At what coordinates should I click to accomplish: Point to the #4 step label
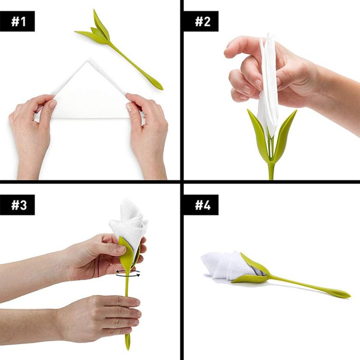[x=201, y=205]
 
